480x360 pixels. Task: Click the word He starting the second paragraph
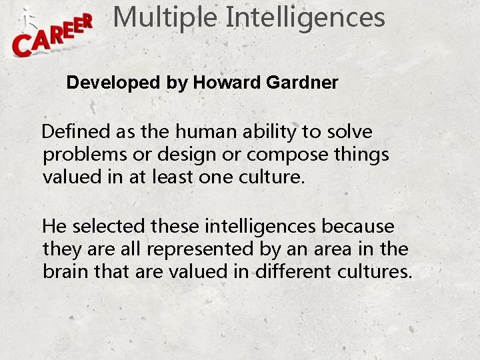tap(55, 227)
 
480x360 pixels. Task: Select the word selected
tap(109, 227)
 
